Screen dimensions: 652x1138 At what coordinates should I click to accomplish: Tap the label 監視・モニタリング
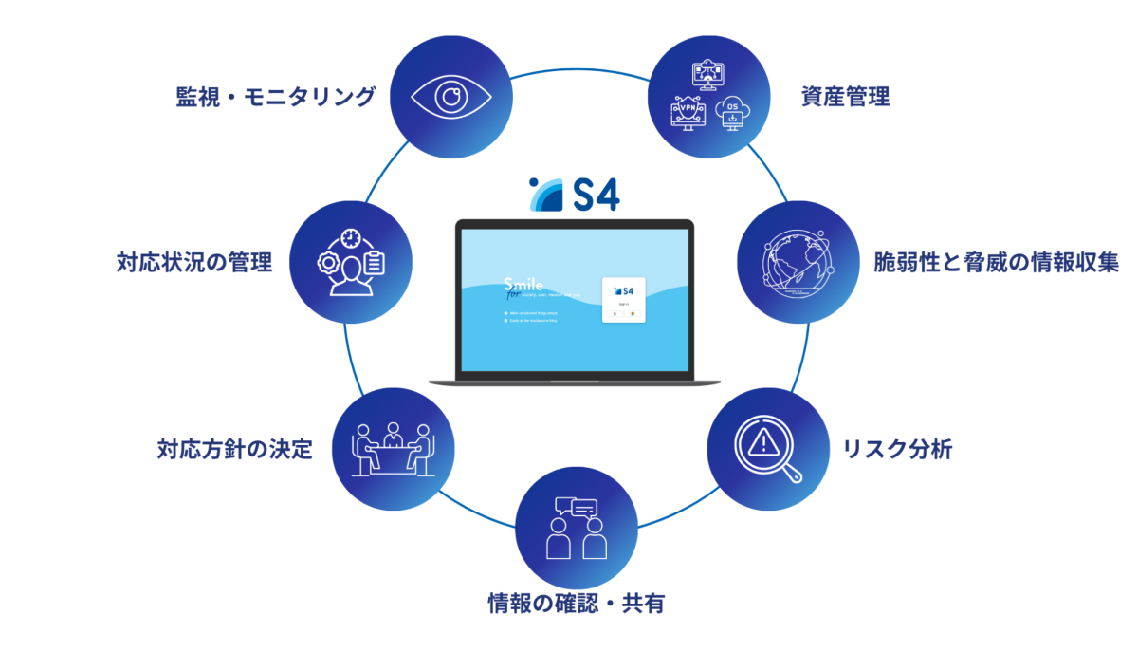pos(275,97)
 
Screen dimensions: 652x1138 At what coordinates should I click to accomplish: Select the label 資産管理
pos(845,97)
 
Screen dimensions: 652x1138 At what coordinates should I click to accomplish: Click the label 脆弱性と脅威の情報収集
pos(996,263)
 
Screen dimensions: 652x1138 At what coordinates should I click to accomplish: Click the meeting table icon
pos(392,449)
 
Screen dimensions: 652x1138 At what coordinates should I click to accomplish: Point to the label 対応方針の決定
pos(234,449)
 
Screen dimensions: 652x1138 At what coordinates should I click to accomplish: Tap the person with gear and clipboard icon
pos(348,262)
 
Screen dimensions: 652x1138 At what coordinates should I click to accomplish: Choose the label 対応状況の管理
pos(193,262)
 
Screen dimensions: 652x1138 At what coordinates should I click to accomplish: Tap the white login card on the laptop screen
pos(624,299)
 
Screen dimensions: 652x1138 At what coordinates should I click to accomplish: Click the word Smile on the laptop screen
pos(524,284)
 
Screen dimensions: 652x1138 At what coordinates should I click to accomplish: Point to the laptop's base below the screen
pos(575,381)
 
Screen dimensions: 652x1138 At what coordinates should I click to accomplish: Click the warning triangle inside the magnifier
pos(763,440)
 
